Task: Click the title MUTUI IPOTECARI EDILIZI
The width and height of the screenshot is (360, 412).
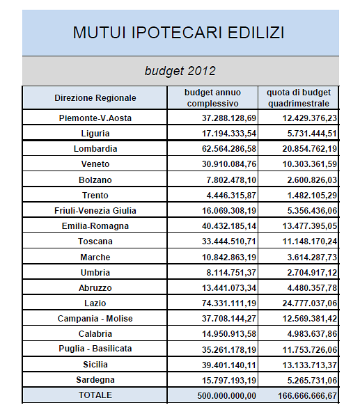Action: tap(180, 33)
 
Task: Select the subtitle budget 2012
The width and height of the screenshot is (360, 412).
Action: tap(180, 71)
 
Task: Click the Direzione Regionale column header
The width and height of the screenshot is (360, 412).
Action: tap(95, 98)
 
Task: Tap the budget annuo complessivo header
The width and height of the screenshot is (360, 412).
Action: tap(212, 98)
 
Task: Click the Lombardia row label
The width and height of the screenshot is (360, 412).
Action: tap(95, 149)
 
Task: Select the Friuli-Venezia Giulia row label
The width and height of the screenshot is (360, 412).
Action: tap(95, 210)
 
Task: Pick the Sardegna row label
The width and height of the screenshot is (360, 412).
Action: tap(95, 380)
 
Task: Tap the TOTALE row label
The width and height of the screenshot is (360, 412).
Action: tap(95, 395)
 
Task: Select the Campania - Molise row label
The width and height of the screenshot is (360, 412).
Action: tap(95, 319)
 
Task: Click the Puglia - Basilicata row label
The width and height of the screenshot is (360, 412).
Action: tap(95, 349)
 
